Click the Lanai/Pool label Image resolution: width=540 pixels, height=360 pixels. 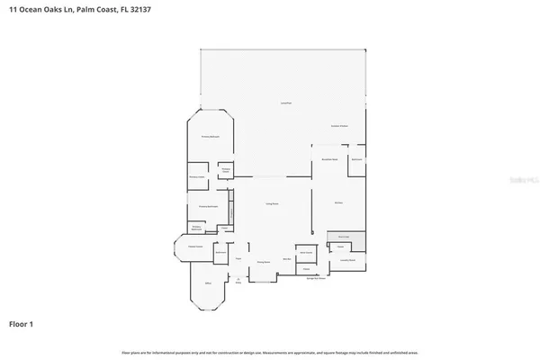[x=285, y=105]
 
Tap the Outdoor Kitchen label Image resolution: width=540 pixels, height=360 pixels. [x=339, y=126]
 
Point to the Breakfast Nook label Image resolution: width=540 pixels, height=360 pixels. [x=328, y=158]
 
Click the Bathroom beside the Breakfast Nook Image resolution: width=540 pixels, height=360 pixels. [x=356, y=159]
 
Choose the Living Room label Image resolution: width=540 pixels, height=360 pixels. [x=270, y=206]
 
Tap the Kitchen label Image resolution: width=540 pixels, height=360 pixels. [x=339, y=203]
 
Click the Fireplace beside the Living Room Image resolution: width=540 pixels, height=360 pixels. [x=230, y=209]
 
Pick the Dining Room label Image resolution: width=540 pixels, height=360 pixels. [x=264, y=262]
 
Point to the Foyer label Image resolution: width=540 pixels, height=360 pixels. [x=238, y=259]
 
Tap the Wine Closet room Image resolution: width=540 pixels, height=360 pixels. [x=306, y=253]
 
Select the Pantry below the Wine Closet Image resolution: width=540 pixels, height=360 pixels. [x=306, y=269]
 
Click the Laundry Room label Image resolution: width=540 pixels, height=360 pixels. [x=347, y=260]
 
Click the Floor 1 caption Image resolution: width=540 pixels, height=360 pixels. [x=22, y=322]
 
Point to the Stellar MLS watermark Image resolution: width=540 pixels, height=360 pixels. [x=516, y=179]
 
